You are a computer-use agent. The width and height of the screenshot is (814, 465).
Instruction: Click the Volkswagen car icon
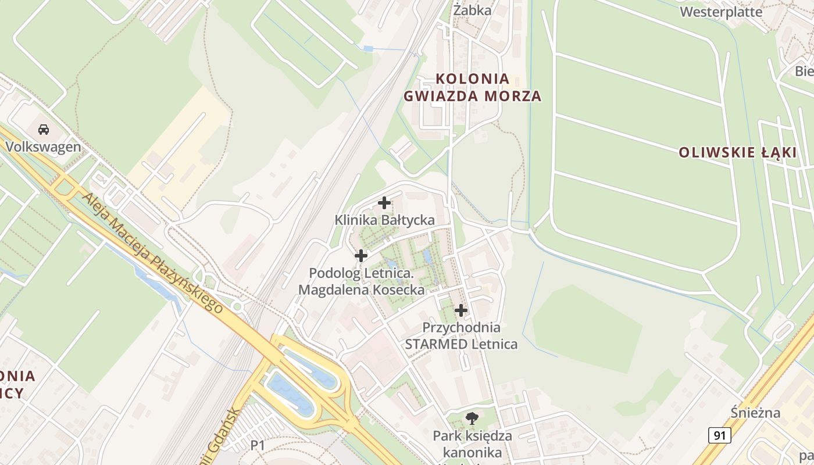coord(44,129)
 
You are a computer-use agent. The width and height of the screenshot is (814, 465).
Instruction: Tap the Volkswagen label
coord(44,146)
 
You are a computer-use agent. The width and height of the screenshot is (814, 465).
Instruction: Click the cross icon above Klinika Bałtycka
coord(384,203)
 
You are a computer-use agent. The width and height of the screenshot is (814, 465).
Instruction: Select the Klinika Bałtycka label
coord(384,220)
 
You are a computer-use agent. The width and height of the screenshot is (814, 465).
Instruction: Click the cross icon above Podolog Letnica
coord(361,255)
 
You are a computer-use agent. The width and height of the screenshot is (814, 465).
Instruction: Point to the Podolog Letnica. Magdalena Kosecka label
coord(361,281)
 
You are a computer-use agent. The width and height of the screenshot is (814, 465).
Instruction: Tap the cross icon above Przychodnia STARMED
coord(461,310)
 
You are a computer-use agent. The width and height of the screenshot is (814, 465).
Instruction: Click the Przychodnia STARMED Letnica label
coord(461,335)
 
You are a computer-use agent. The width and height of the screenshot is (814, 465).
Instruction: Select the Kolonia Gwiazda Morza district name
coord(472,87)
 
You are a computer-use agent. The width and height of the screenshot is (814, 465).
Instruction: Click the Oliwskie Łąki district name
coord(738,153)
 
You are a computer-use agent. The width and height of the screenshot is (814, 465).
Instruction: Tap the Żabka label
coord(472,10)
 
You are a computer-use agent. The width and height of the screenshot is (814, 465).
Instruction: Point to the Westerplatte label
coord(721,12)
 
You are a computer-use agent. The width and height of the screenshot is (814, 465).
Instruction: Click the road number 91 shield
coord(719,435)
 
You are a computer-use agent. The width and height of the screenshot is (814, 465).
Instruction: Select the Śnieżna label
coord(755,413)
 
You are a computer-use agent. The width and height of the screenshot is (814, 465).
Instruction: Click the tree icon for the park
coord(472,417)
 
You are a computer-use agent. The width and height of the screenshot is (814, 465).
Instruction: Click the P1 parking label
coord(258,445)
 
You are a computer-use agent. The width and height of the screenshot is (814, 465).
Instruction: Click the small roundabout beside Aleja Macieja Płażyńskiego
coord(237,306)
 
